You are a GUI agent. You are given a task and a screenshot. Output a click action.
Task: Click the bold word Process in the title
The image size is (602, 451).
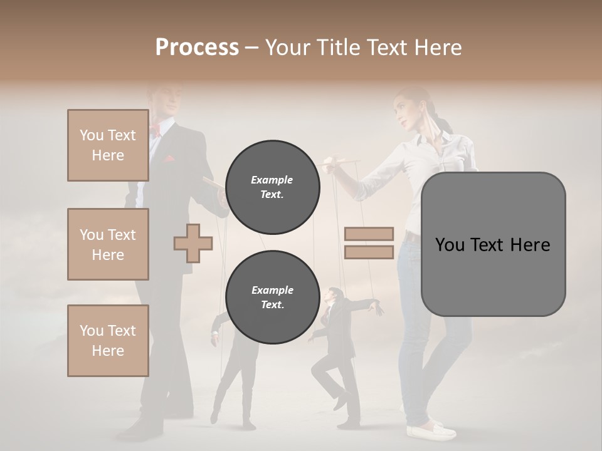(x=197, y=48)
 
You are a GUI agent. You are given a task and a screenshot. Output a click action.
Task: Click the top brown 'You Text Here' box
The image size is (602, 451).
(x=108, y=145)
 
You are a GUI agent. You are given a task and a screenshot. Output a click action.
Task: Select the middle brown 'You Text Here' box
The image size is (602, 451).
(x=108, y=244)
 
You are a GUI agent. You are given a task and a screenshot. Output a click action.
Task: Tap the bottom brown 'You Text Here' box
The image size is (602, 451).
(x=108, y=340)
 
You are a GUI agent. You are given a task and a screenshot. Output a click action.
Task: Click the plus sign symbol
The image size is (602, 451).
(x=193, y=243)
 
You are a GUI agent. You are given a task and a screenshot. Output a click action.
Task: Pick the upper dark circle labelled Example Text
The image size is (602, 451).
(x=272, y=187)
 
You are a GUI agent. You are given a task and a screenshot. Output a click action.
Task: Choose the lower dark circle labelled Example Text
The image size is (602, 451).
(x=272, y=297)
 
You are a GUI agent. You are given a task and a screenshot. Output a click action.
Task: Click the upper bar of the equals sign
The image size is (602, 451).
(x=369, y=234)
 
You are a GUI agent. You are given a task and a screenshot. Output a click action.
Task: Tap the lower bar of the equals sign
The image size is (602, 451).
(x=369, y=252)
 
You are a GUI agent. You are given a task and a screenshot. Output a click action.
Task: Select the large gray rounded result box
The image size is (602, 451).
(x=493, y=244)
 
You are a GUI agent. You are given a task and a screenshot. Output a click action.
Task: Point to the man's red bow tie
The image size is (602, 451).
(x=155, y=132)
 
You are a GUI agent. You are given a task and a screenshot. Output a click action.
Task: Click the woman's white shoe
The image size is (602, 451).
(x=431, y=430)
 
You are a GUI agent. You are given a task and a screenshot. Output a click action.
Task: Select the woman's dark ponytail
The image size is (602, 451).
(x=441, y=119)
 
